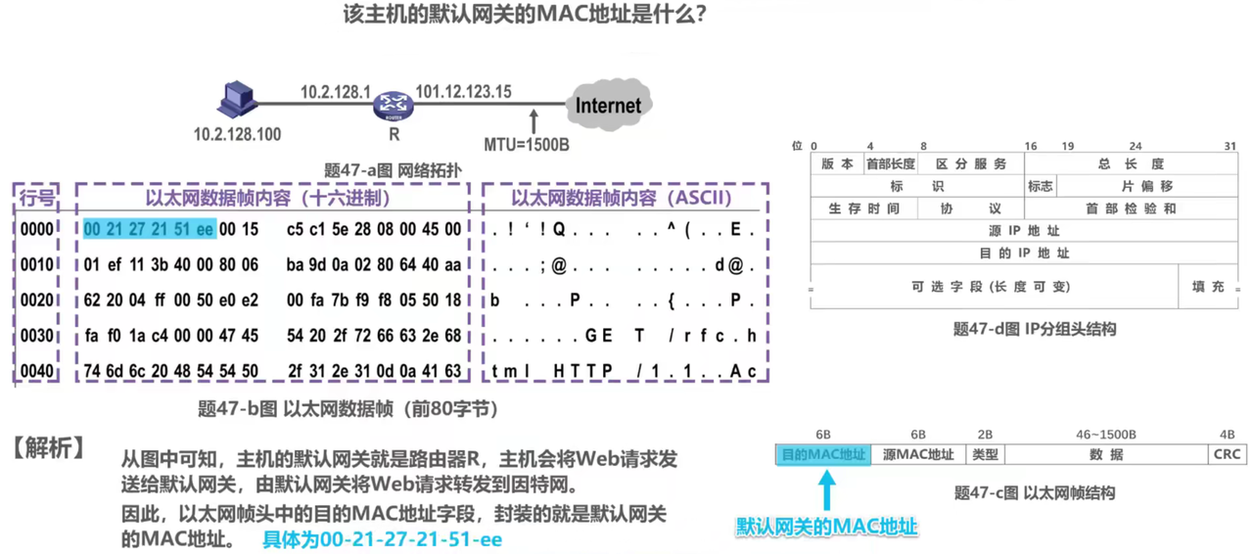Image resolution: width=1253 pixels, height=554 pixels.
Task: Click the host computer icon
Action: pos(238,99)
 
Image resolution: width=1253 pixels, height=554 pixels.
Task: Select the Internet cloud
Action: pos(608,105)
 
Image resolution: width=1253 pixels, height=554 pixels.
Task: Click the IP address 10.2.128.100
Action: pos(237,134)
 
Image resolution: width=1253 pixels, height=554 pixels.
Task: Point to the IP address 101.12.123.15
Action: pos(463,92)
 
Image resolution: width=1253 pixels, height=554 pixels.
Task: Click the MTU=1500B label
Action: pos(527,145)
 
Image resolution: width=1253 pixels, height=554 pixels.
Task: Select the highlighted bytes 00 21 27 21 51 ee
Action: pos(149,229)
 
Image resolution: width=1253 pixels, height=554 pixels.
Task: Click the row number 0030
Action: pos(37,336)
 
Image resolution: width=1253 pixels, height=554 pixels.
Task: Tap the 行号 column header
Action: pos(37,199)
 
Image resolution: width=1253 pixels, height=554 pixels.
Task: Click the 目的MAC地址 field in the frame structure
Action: pos(822,454)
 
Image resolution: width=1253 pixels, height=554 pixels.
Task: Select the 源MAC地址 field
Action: pos(918,454)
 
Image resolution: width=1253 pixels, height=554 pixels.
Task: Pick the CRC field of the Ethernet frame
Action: pos(1227,454)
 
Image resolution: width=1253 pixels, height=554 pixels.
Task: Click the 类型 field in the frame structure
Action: pos(985,454)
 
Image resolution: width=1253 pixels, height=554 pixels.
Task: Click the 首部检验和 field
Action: pos(1131,208)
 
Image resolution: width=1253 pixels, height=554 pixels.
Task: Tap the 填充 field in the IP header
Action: pos(1208,287)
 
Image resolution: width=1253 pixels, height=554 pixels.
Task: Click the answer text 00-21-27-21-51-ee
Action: pos(382,539)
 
